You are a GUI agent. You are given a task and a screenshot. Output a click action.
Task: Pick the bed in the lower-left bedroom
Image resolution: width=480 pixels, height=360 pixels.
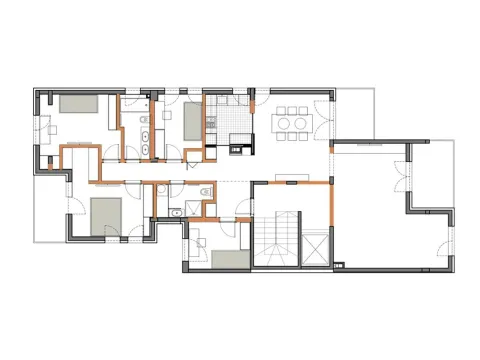click(x=104, y=212)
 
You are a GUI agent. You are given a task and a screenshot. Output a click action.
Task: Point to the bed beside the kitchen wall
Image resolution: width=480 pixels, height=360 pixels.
click(x=192, y=119)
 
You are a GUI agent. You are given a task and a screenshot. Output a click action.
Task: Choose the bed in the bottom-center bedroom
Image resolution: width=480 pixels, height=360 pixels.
click(x=229, y=258)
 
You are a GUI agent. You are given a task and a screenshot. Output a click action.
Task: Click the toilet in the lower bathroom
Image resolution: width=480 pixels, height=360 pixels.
click(x=205, y=192)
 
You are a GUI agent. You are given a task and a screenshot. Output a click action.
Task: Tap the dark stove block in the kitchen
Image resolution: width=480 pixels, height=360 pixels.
click(x=238, y=151)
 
